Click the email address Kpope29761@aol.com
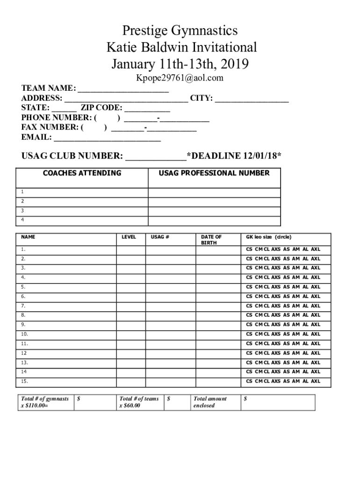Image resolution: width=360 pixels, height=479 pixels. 180,78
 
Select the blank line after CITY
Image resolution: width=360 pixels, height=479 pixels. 252,100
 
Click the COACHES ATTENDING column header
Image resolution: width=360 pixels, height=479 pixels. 82,174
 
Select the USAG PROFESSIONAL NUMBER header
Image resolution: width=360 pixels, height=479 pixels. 214,174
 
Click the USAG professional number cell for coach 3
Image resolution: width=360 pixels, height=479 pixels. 214,211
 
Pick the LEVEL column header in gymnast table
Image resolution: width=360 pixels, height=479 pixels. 129,237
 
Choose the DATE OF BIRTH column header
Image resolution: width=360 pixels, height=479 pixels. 211,239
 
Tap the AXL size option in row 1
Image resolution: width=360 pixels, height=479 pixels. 316,249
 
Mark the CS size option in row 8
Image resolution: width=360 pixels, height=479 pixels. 249,315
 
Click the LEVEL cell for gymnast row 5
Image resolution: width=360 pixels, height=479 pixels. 130,287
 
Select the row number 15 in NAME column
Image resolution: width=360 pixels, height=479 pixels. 24,382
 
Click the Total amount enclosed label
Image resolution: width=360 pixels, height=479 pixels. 210,402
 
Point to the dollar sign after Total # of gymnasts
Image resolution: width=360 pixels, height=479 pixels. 79,399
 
